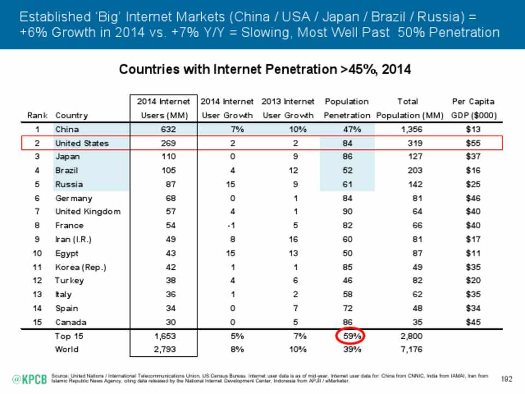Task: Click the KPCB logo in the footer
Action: [29, 378]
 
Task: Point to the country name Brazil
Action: [67, 171]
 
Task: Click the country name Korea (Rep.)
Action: [80, 266]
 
